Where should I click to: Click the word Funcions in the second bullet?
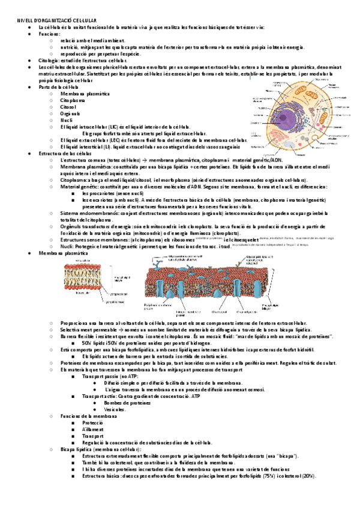click(49, 35)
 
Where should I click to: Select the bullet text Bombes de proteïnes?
click(127, 403)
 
